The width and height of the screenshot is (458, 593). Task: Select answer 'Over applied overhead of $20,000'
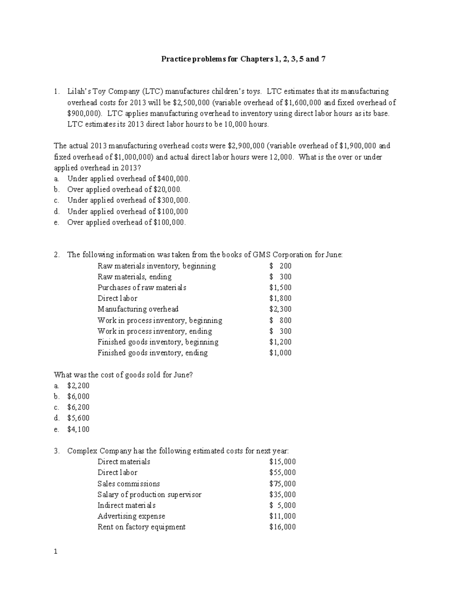[124, 189]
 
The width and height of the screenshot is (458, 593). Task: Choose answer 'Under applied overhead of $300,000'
[129, 200]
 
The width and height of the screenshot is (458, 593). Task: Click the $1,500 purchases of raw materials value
[280, 288]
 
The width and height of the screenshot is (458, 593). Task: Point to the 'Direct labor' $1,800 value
[280, 298]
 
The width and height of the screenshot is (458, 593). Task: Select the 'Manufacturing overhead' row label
[138, 309]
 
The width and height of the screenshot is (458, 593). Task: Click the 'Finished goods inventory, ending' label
[152, 353]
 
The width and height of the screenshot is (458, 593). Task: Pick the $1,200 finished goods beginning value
[280, 342]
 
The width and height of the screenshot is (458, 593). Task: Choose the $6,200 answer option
[78, 407]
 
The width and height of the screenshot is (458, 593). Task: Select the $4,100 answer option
[78, 429]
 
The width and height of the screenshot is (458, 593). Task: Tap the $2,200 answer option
[78, 385]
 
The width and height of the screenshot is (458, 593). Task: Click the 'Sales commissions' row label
[129, 484]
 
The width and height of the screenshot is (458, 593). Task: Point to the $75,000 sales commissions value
[282, 484]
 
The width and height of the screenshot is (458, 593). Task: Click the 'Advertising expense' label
[131, 516]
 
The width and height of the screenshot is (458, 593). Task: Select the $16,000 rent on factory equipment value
[282, 527]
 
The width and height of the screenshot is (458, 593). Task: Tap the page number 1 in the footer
[56, 552]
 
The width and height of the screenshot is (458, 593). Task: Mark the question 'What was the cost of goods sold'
[123, 375]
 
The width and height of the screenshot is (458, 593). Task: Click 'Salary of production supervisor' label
[149, 494]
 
